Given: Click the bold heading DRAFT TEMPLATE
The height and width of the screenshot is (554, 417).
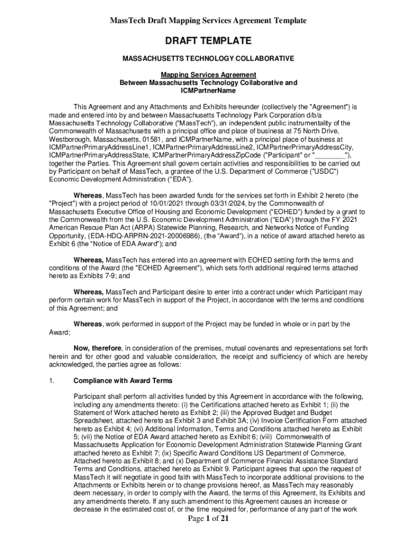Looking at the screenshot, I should [208, 41].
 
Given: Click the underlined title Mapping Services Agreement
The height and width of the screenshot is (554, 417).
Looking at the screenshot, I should [208, 75].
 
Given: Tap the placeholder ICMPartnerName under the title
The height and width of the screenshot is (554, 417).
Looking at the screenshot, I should [208, 91].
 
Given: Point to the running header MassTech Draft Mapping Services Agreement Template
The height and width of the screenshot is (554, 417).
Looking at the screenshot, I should [208, 21].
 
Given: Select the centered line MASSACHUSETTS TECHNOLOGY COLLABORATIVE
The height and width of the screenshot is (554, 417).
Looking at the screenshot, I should [208, 58].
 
